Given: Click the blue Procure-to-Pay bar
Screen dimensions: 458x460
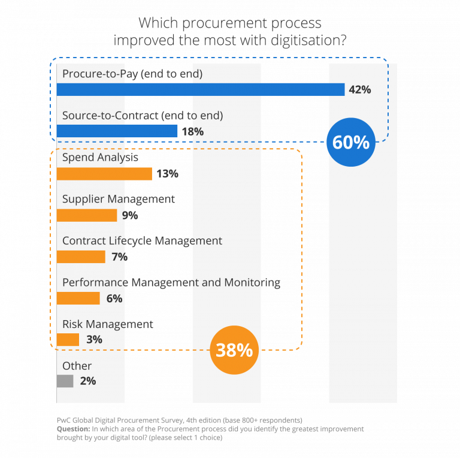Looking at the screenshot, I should click(201, 89).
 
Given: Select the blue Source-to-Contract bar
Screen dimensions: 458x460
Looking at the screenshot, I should click(117, 131).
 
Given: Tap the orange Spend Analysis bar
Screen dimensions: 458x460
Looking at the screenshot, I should click(104, 174).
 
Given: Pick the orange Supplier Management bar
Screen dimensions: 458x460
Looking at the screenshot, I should click(87, 215).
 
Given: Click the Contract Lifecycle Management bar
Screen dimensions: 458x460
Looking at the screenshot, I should click(81, 257).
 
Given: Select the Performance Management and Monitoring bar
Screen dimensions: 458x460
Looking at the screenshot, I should click(78, 298).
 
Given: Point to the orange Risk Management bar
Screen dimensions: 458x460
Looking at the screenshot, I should click(68, 339).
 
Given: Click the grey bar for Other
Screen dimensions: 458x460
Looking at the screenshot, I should click(65, 381).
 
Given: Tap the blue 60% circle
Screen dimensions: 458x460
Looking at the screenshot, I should click(351, 142).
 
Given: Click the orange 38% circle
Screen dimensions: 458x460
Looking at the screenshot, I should click(234, 350).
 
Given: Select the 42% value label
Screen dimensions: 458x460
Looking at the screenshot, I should click(360, 90).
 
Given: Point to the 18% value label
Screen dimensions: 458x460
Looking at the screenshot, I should click(193, 131).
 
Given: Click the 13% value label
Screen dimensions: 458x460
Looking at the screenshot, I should click(167, 174).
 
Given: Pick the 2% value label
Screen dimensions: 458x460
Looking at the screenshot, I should click(87, 381).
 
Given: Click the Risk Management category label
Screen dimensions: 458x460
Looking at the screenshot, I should click(108, 324).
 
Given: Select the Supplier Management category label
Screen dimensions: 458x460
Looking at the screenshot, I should click(119, 199).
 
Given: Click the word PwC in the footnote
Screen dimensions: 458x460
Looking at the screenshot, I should click(64, 420).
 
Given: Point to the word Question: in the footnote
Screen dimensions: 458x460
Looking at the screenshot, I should click(74, 429).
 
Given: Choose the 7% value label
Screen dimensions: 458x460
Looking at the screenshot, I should click(119, 257).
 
